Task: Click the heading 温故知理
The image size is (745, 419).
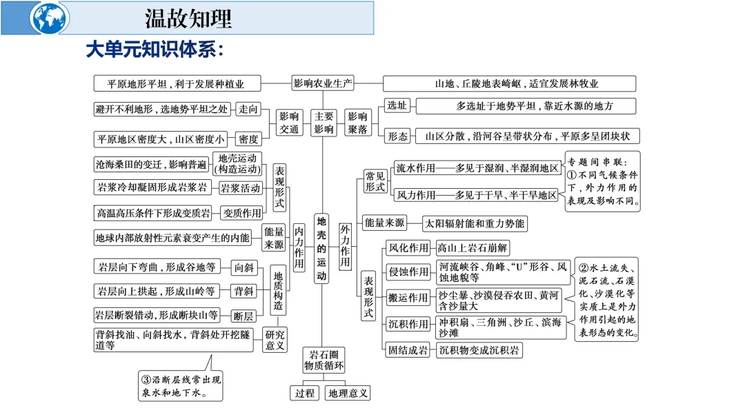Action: [x=188, y=18]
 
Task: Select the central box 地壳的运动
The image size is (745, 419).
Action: [x=322, y=248]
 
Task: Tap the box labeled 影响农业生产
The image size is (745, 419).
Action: [x=323, y=83]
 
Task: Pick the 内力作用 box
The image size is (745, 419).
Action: [x=299, y=248]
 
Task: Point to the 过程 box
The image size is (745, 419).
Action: [x=304, y=394]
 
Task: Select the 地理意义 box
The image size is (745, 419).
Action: [x=348, y=394]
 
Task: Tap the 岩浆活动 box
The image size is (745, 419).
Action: [x=241, y=188]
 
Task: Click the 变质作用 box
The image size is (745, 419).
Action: [x=242, y=213]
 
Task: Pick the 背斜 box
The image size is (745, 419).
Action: [x=244, y=292]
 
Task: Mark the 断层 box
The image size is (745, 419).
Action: [x=244, y=316]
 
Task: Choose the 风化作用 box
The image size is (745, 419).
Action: [x=408, y=248]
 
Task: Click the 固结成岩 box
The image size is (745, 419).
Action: [x=408, y=350]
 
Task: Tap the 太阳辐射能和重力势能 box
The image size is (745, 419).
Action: [x=474, y=223]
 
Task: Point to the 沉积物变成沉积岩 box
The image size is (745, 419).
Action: [x=479, y=350]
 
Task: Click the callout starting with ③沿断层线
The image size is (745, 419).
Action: [x=181, y=387]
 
